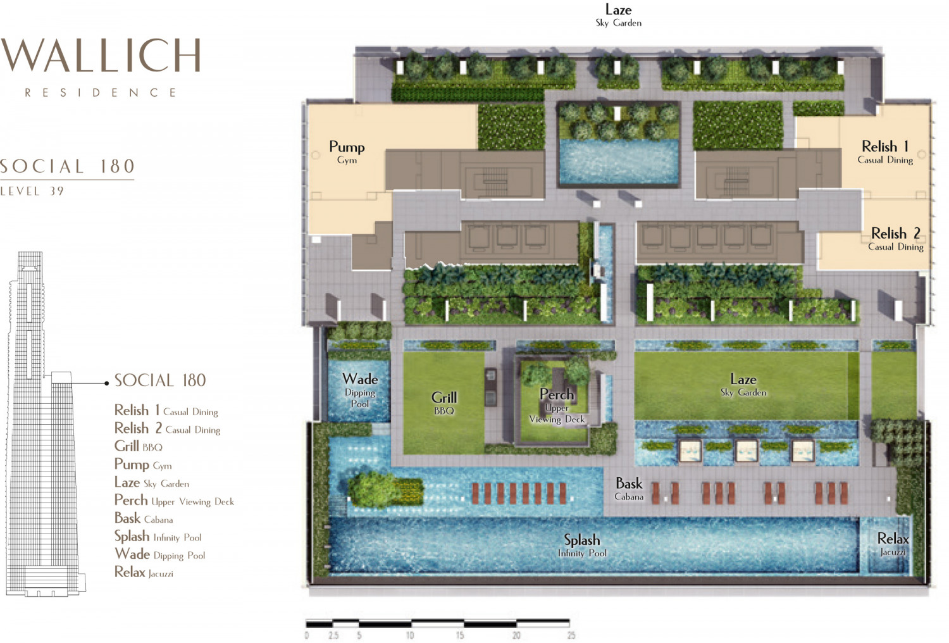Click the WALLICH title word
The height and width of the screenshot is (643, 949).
(100, 55)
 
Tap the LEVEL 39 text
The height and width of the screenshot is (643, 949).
(32, 191)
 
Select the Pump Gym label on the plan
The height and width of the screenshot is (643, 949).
(347, 152)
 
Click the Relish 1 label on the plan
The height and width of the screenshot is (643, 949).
(885, 152)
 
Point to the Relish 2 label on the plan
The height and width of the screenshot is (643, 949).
(896, 239)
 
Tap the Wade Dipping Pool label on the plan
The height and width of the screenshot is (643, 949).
(360, 390)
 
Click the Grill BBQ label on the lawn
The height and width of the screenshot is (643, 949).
(444, 403)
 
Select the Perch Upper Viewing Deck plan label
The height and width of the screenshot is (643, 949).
(557, 406)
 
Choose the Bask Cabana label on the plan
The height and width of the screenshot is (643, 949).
(629, 489)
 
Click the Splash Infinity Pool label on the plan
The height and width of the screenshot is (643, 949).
(582, 545)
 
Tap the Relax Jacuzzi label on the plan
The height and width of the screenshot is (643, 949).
(893, 544)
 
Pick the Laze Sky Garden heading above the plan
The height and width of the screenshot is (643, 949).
(619, 15)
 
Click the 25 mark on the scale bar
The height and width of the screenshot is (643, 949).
(571, 635)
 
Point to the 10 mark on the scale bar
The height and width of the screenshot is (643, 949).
(410, 635)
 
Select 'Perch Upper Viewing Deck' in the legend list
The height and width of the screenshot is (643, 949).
(174, 501)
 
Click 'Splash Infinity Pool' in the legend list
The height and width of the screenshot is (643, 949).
(158, 537)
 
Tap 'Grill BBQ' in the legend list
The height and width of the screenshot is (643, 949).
(138, 446)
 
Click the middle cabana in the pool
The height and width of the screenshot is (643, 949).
(746, 451)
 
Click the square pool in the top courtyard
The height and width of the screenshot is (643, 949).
(619, 161)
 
